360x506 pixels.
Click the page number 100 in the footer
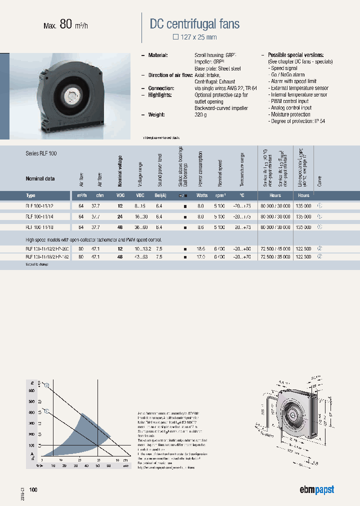33,489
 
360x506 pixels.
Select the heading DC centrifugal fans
194,23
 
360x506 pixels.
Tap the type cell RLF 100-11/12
39,205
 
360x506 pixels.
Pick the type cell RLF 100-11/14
39,216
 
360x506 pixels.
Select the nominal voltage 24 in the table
120,216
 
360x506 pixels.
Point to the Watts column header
201,195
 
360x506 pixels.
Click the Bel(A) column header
159,195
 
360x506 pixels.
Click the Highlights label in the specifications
160,94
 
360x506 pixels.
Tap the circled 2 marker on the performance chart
46,385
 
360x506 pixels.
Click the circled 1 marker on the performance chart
46,411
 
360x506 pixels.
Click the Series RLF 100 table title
41,153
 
